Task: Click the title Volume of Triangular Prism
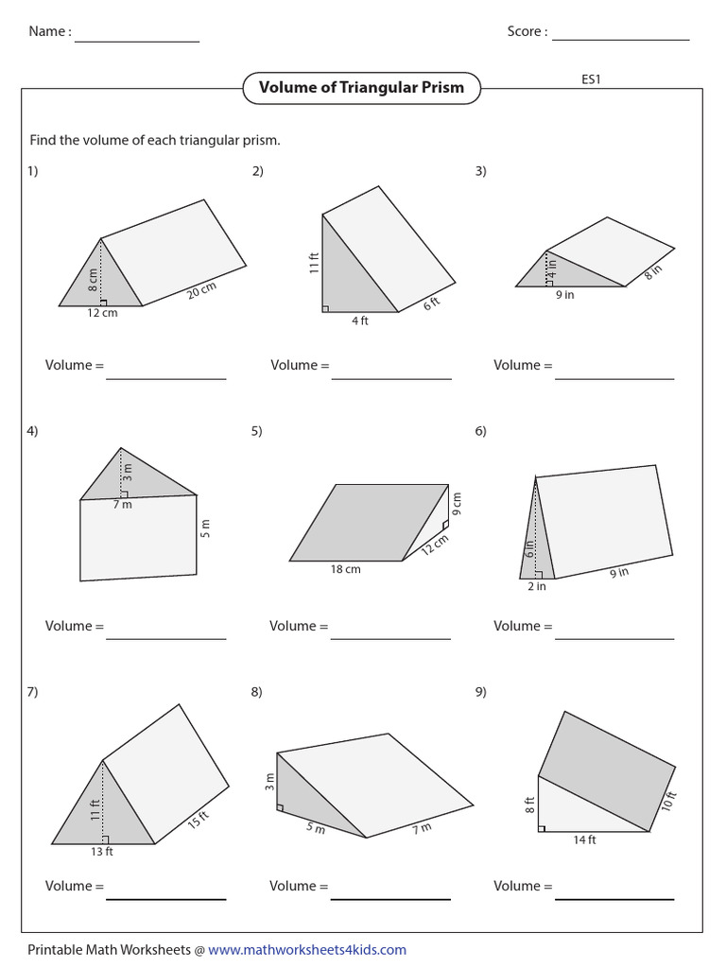pyautogui.click(x=361, y=88)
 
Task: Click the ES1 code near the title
pyautogui.click(x=591, y=79)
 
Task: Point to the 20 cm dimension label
pyautogui.click(x=202, y=290)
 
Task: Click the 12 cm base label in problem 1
pyautogui.click(x=102, y=313)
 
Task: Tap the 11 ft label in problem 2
pyautogui.click(x=314, y=262)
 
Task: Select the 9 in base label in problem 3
pyautogui.click(x=564, y=294)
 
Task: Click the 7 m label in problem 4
pyautogui.click(x=123, y=504)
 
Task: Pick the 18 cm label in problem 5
pyautogui.click(x=346, y=569)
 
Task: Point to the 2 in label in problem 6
pyautogui.click(x=536, y=586)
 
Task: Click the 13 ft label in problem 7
pyautogui.click(x=102, y=852)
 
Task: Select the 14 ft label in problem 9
pyautogui.click(x=584, y=839)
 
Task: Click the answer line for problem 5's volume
pyautogui.click(x=390, y=638)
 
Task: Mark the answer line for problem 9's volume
pyautogui.click(x=614, y=898)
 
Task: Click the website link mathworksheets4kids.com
pyautogui.click(x=307, y=949)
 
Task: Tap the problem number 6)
pyautogui.click(x=480, y=431)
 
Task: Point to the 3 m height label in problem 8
pyautogui.click(x=268, y=781)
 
